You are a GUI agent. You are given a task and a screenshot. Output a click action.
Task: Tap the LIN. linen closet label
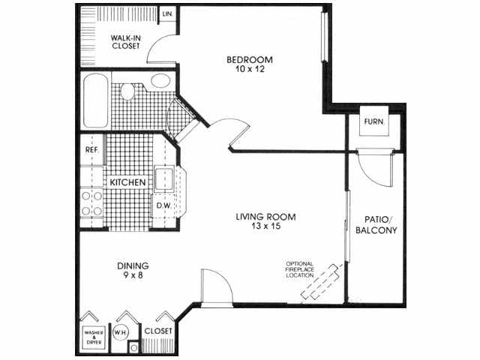coord(168,14)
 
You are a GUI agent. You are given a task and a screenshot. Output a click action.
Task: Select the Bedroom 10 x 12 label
coord(250,64)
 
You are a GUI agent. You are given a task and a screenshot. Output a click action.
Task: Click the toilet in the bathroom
coord(128,92)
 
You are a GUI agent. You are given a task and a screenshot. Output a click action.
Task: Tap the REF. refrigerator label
coord(91,148)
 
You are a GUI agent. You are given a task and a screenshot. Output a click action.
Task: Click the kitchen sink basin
coord(165,180)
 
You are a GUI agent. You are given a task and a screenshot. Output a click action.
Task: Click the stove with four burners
coord(91,202)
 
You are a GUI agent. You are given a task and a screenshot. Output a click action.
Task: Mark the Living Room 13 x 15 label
coord(265,222)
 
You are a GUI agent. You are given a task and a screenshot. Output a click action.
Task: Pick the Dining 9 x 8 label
coord(133,270)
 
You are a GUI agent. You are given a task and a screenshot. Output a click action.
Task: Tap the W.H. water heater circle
coord(119,331)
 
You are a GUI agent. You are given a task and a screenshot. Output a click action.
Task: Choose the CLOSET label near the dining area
coord(157,330)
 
